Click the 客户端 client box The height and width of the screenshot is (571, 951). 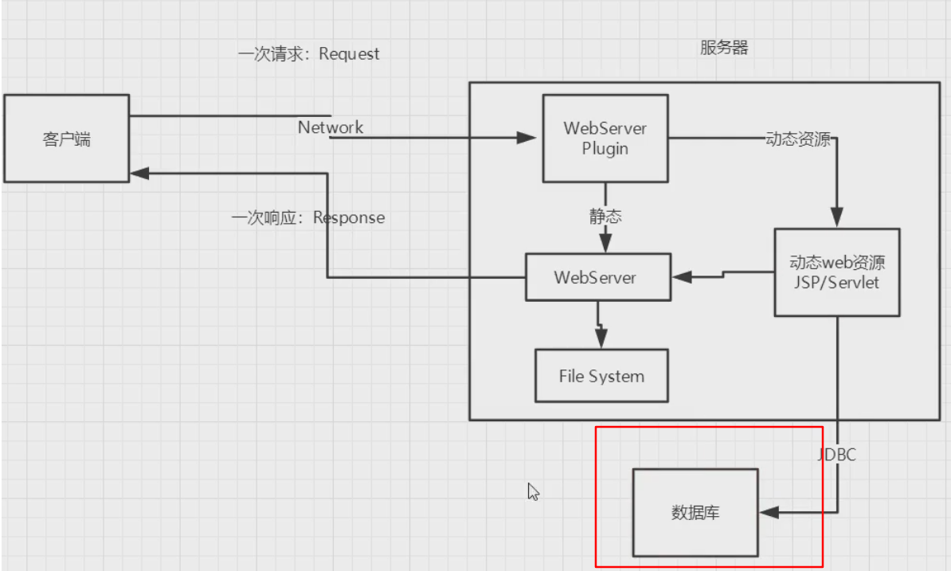point(66,139)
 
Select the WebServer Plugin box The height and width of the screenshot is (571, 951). point(605,139)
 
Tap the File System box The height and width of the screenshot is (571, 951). point(601,376)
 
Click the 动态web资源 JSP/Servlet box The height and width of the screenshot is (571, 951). point(837,272)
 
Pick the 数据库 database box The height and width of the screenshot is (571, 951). point(695,513)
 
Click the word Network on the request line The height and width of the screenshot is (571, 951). point(331,127)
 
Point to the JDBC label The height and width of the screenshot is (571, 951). point(837,456)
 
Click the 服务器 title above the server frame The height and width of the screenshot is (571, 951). point(724,48)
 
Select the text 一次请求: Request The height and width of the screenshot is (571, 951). point(309,54)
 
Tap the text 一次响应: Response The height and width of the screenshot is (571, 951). point(308,218)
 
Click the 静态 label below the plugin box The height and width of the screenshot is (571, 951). point(606,216)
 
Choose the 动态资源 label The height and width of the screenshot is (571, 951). point(798,139)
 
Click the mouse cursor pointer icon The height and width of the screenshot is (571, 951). point(533,491)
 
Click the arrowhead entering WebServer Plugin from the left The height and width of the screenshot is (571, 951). point(527,138)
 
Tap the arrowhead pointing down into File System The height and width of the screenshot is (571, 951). point(601,340)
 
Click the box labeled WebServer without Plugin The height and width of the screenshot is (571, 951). point(597,277)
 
